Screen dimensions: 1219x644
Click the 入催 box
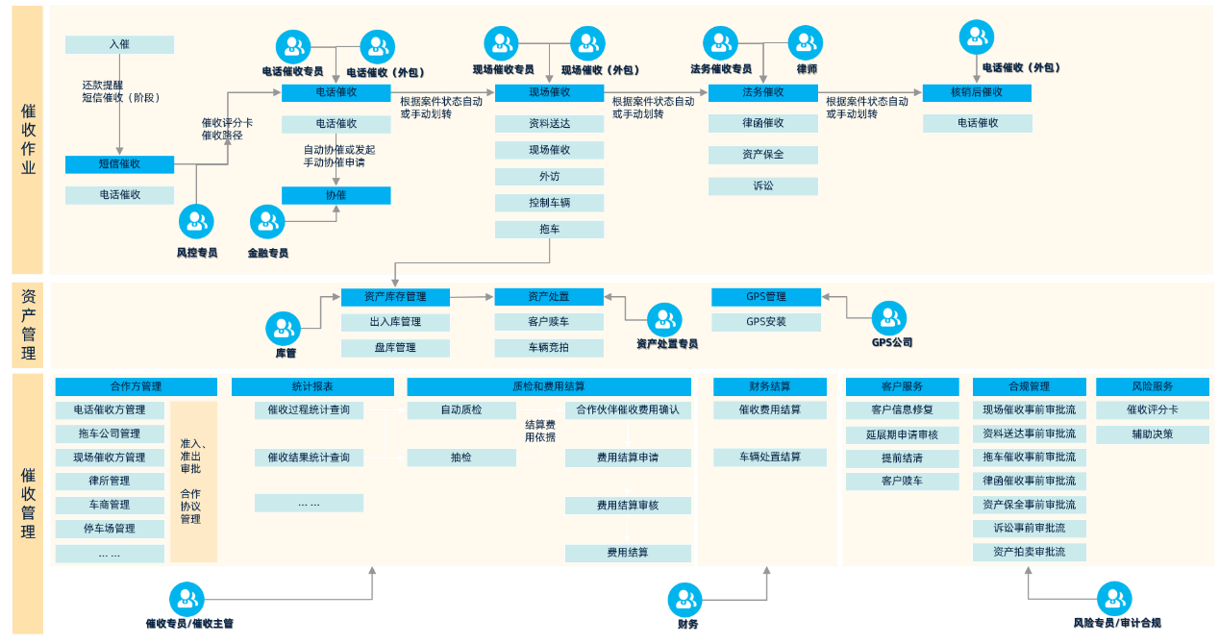119,44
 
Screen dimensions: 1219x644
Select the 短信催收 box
119,164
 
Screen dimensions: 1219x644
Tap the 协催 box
336,195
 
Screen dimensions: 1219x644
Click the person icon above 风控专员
196,221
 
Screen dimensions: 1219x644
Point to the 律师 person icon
806,43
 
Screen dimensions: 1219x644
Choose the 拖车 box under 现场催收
549,230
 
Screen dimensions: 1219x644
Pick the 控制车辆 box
549,203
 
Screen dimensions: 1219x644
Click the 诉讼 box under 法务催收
763,186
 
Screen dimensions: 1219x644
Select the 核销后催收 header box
977,93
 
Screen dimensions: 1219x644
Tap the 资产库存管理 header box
395,297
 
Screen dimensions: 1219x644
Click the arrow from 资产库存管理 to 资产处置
472,297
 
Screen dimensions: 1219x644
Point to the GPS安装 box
766,322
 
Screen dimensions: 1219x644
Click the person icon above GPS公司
889,318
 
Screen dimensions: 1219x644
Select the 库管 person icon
283,329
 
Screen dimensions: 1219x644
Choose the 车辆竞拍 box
549,348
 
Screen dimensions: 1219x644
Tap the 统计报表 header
312,386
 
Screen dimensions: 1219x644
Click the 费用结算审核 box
628,506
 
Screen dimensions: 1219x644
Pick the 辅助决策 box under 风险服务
1153,434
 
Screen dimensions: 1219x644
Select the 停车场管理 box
110,529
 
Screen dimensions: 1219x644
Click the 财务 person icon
684,600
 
